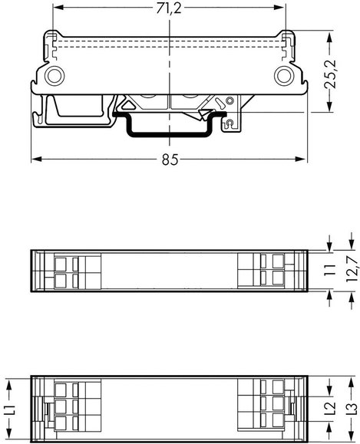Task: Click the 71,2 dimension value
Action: point(169,8)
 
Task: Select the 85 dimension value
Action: point(170,160)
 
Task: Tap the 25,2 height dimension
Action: point(330,74)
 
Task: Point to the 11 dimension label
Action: point(330,270)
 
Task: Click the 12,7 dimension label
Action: point(352,271)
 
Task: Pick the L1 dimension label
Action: point(10,410)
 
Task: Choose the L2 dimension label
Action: point(330,409)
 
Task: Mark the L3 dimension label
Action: point(352,409)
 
